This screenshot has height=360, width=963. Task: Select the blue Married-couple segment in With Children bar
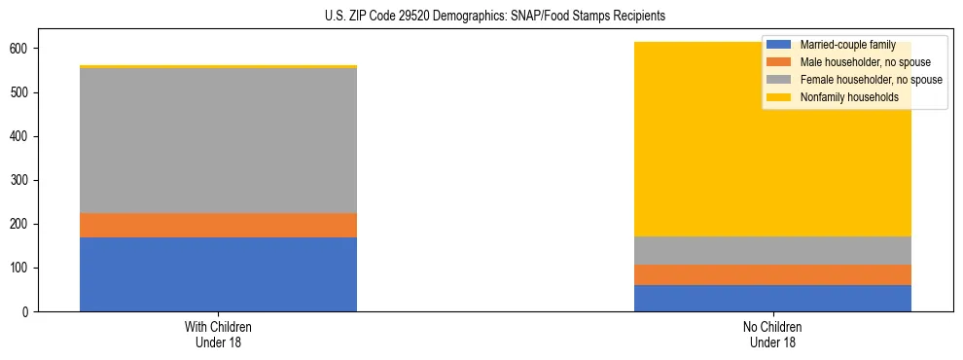click(x=218, y=274)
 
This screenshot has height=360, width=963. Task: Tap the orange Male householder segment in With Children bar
click(x=218, y=225)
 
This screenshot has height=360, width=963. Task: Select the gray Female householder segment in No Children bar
click(x=772, y=250)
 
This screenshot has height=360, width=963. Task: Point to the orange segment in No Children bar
click(x=772, y=274)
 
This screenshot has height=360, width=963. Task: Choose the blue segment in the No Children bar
click(x=772, y=298)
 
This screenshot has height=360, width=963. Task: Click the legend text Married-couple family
click(x=847, y=46)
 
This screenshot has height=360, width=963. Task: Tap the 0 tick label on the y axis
click(x=31, y=311)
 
